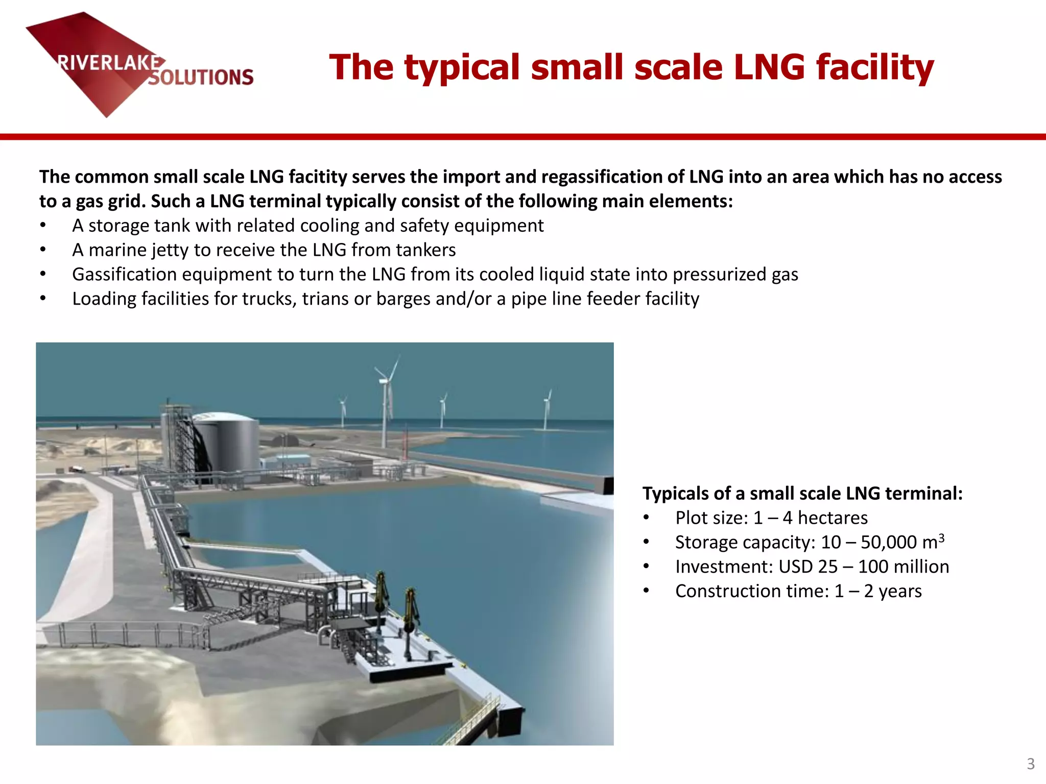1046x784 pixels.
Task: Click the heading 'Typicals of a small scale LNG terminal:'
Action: (802, 494)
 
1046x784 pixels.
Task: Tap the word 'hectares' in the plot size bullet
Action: (833, 518)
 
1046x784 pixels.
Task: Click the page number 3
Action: (1031, 764)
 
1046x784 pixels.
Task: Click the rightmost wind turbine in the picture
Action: (547, 408)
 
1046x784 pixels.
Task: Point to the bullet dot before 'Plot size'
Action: (647, 518)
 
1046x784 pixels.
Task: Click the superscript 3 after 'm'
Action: (941, 537)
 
